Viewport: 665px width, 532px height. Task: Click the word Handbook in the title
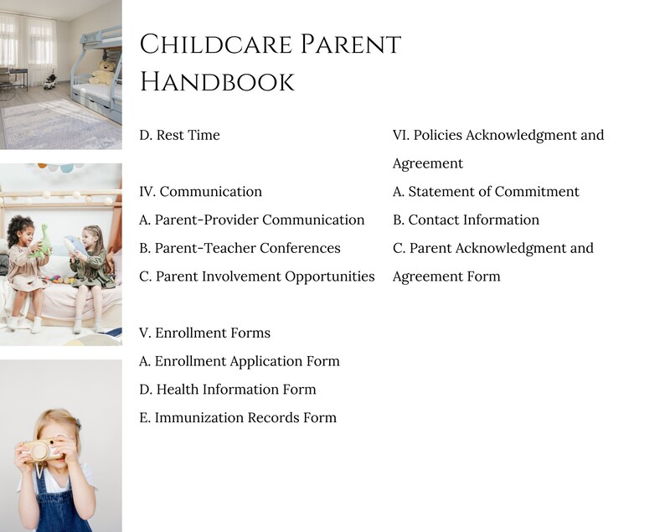tap(217, 81)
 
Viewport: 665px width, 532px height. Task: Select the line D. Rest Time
tap(179, 135)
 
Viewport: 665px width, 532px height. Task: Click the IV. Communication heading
tap(200, 192)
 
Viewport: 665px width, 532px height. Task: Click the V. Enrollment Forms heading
tap(204, 333)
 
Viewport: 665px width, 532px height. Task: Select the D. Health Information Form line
tap(227, 389)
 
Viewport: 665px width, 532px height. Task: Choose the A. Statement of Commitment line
tap(486, 192)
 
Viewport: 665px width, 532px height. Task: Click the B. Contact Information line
tap(466, 220)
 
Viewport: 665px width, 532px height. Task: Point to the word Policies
tap(437, 135)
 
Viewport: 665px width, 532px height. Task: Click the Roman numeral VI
tap(401, 135)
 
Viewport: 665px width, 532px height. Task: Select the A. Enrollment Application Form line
tap(239, 361)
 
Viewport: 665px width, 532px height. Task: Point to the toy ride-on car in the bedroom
tap(49, 81)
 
